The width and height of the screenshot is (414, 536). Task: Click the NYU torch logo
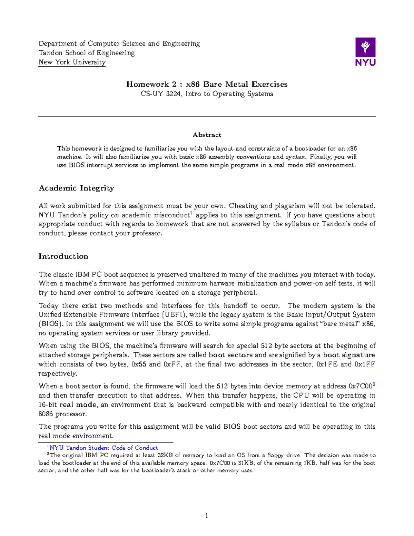365,52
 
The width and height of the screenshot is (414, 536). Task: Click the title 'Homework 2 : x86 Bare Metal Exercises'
207,84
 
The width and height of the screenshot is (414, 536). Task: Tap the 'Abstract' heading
207,135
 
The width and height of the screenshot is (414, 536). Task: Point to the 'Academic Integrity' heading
76,188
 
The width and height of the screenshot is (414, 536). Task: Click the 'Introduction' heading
63,256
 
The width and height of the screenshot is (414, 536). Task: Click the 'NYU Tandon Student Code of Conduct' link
103,448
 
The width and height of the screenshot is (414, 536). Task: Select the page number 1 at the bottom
207,516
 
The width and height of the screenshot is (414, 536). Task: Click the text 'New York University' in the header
72,62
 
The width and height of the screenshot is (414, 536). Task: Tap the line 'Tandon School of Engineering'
87,53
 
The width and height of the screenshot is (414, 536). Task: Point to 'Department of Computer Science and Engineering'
119,43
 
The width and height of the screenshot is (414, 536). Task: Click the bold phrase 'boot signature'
349,355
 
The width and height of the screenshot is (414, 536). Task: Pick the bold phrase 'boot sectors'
230,355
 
